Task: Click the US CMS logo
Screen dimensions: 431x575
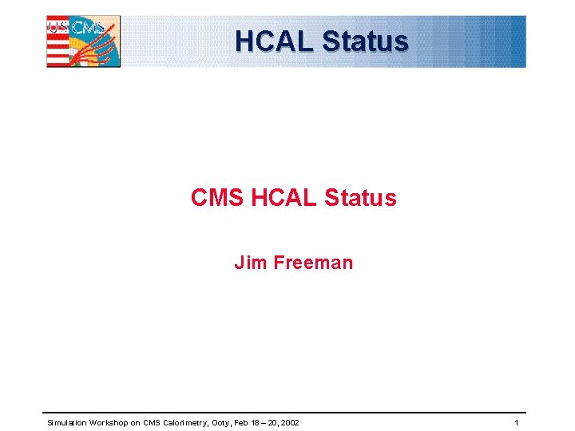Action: coord(83,42)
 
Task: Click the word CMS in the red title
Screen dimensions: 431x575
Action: coord(217,198)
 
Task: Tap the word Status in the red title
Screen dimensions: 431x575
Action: coord(361,198)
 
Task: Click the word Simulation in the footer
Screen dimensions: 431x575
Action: coord(66,422)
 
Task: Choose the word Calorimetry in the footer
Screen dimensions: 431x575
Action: coord(183,422)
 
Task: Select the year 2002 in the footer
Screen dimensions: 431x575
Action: coord(290,422)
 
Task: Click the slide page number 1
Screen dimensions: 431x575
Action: coord(517,422)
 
